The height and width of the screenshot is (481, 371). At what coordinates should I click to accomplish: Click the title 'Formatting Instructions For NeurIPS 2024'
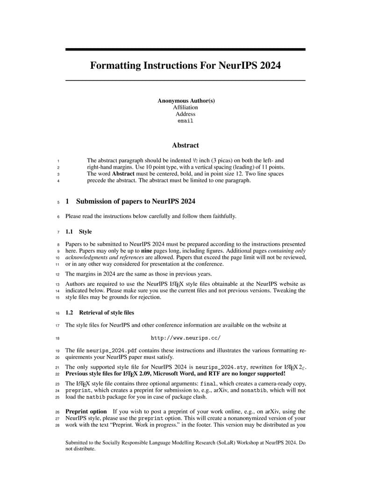[185, 66]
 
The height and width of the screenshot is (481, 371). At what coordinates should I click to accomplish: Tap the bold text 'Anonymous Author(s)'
[186, 101]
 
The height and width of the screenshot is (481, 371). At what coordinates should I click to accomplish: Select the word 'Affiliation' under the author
[185, 107]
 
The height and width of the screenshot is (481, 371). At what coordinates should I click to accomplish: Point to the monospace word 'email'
[185, 121]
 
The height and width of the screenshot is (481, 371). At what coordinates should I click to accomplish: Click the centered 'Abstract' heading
[185, 146]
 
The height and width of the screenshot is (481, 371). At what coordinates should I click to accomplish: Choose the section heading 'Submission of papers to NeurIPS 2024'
[136, 202]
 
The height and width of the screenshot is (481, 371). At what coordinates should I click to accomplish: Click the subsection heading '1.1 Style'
[78, 232]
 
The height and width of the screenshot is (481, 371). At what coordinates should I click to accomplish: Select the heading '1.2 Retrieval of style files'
[100, 313]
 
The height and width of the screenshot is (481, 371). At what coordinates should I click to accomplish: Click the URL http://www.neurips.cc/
[185, 338]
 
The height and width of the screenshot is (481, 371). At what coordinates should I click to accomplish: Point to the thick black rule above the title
[185, 49]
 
